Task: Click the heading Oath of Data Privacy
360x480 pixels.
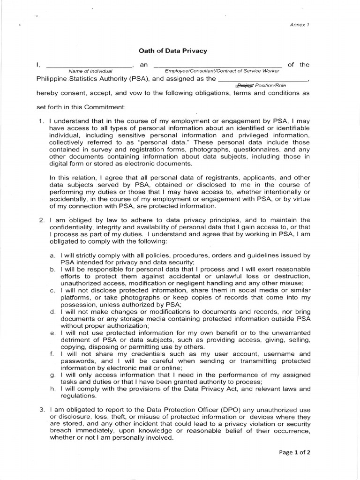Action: click(x=173, y=50)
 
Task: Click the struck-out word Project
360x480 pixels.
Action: click(x=244, y=86)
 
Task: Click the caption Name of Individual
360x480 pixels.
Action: click(x=90, y=71)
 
